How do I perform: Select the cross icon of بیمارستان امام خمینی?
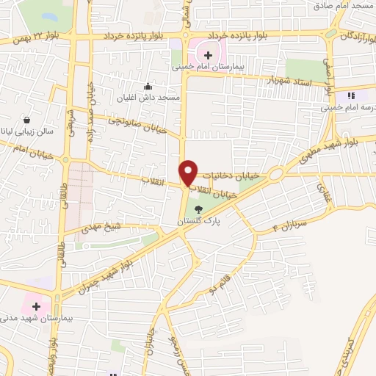click(x=209, y=54)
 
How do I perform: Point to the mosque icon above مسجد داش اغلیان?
click(x=149, y=84)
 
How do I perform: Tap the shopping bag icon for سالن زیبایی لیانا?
click(x=27, y=120)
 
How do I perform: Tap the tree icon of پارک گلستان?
click(x=198, y=209)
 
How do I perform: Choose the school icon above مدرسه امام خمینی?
click(x=351, y=95)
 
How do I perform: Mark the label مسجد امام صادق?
click(x=344, y=6)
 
